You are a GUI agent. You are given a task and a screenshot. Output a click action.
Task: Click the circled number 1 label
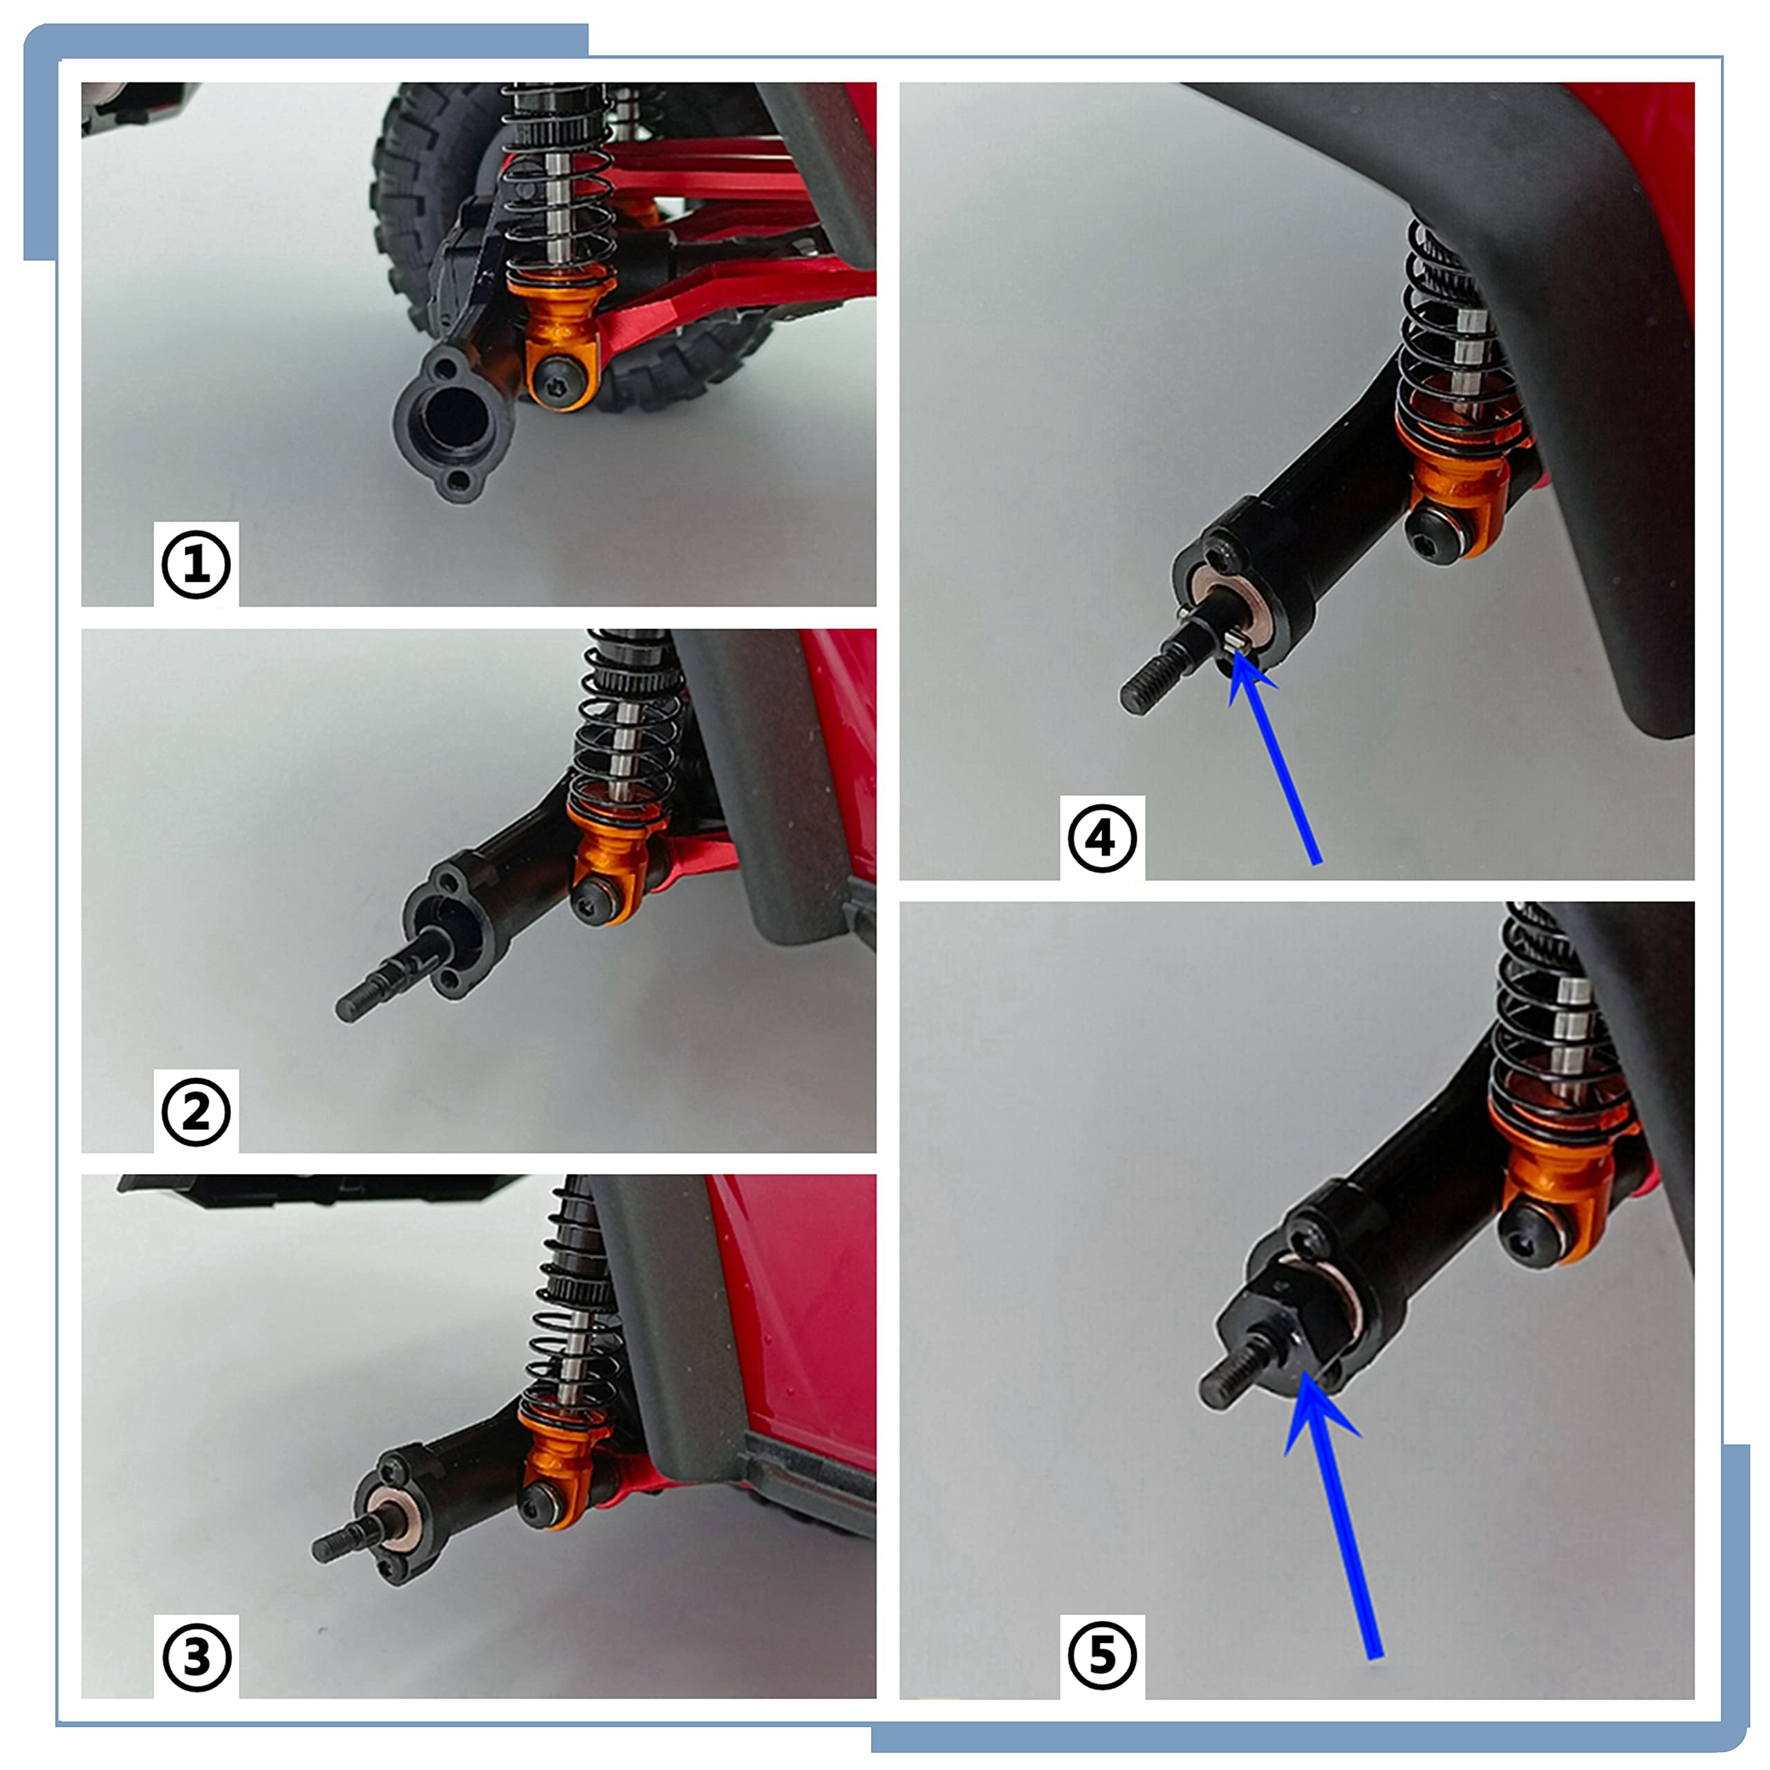(x=196, y=564)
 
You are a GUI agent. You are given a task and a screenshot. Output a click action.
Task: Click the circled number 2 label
(x=196, y=1111)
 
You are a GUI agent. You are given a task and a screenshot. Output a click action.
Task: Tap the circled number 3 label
(x=196, y=1657)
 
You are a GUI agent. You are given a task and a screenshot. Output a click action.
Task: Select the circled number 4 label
(x=1102, y=837)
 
